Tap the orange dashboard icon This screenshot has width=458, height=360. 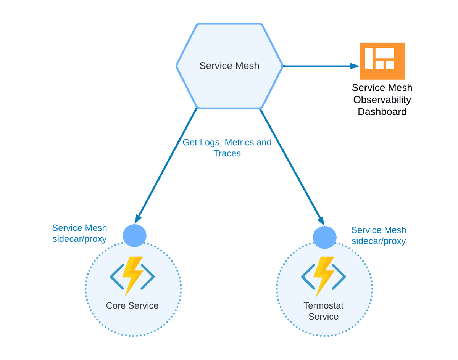click(x=382, y=61)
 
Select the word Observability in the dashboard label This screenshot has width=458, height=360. click(x=382, y=100)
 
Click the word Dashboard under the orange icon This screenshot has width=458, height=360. click(x=382, y=112)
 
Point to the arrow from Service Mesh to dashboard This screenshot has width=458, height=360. click(x=321, y=66)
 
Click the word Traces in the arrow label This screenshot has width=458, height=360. click(x=227, y=153)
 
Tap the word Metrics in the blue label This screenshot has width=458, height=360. click(x=240, y=143)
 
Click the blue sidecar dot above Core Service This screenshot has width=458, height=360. click(x=135, y=235)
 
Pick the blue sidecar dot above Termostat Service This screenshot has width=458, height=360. click(x=324, y=237)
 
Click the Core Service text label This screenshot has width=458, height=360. click(x=132, y=305)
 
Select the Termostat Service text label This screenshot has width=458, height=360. click(x=324, y=311)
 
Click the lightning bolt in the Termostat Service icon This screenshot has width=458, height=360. click(x=324, y=276)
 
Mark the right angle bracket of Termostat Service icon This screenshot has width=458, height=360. click(x=340, y=276)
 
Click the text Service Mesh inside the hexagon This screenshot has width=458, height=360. click(x=229, y=66)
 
